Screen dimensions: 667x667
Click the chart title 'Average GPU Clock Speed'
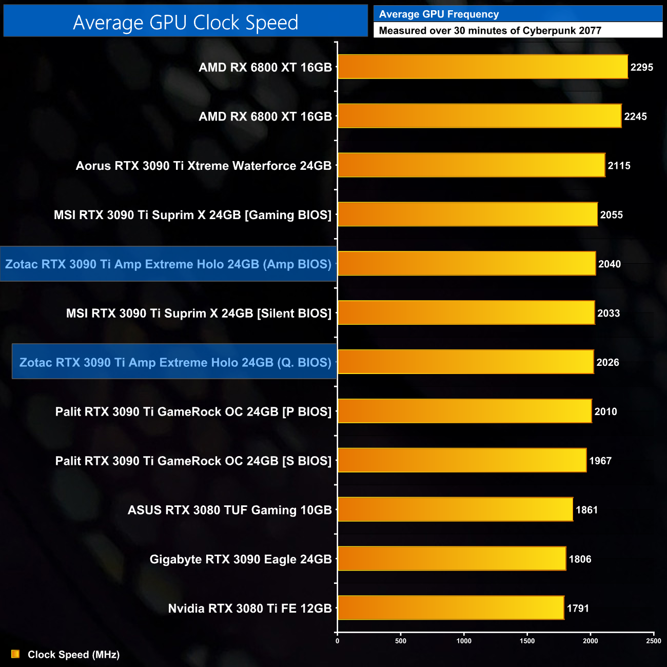coord(185,22)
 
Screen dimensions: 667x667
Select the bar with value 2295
coord(482,67)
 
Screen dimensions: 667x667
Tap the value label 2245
coord(635,116)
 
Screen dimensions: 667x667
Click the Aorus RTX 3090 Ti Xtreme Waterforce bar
coord(471,165)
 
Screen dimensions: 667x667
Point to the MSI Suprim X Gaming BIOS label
coord(192,215)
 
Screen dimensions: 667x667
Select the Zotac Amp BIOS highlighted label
coord(168,264)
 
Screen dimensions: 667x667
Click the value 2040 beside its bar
coord(609,264)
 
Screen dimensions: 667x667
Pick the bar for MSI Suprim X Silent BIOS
coord(466,313)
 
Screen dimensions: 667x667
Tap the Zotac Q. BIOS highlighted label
coord(175,362)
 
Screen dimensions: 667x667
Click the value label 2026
coord(607,362)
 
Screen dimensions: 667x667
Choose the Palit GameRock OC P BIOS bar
coord(464,411)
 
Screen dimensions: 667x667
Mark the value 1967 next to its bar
coord(600,461)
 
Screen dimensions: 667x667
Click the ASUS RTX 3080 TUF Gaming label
coord(229,510)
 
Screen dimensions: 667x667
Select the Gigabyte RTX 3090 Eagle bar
coord(452,559)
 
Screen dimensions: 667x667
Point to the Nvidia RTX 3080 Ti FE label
coord(250,609)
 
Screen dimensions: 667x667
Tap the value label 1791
coord(578,609)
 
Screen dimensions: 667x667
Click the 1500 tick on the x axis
coord(527,641)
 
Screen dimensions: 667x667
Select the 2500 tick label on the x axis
coord(653,641)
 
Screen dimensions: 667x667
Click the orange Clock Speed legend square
coord(15,654)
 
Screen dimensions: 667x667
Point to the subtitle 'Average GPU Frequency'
coord(439,14)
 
